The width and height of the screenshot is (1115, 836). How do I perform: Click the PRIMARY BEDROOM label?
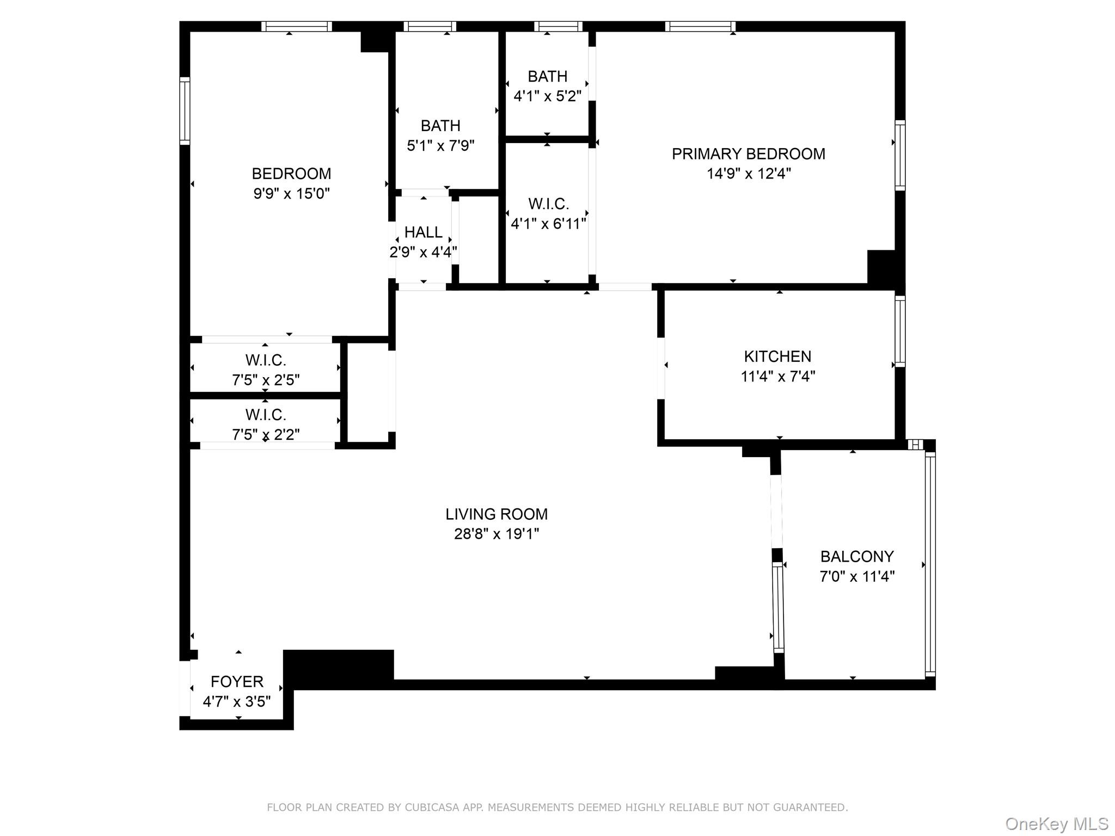click(748, 154)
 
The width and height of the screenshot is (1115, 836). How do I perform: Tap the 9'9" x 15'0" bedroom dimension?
click(291, 194)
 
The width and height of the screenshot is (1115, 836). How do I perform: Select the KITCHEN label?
click(777, 356)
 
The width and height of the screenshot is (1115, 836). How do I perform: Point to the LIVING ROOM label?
click(497, 514)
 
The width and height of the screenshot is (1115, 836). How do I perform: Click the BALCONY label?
click(857, 556)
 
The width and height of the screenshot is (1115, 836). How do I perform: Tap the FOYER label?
click(237, 681)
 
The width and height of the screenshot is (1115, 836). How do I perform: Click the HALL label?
click(423, 232)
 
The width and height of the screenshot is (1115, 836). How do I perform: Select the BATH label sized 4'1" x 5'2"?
click(547, 76)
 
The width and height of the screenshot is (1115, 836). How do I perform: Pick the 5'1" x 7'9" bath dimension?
click(440, 146)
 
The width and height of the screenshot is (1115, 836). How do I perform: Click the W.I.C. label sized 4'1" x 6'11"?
click(548, 204)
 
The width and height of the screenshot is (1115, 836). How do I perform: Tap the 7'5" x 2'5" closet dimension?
click(266, 380)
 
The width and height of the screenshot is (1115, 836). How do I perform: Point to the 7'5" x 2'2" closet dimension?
click(266, 434)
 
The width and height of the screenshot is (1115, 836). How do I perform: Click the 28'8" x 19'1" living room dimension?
click(497, 534)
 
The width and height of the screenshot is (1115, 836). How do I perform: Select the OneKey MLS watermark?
click(1056, 824)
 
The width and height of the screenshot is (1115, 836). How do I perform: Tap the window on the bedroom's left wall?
click(185, 111)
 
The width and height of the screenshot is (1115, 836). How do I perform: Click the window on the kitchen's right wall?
click(900, 331)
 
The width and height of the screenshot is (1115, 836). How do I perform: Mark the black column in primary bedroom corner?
click(881, 267)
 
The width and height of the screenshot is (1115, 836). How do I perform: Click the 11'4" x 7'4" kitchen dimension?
click(777, 377)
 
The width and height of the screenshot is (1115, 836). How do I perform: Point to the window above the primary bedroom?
click(700, 26)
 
